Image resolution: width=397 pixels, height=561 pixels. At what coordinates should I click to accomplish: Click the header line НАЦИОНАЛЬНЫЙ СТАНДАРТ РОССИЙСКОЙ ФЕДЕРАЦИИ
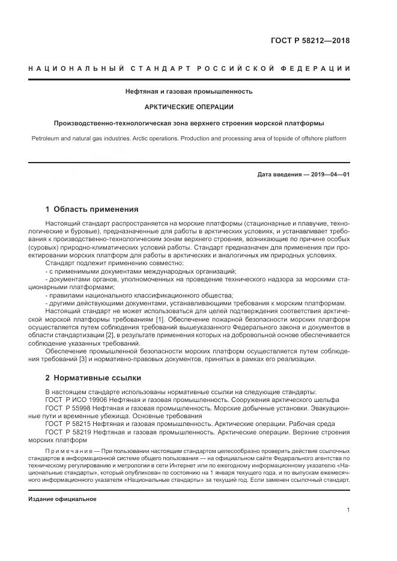190,68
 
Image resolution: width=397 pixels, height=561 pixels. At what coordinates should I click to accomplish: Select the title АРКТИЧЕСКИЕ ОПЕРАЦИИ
189,107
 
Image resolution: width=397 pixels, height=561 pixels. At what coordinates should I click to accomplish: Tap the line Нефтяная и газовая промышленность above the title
189,92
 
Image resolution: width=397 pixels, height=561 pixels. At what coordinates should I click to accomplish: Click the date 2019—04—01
329,175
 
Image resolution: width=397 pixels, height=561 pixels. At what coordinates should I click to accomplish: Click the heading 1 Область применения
92,209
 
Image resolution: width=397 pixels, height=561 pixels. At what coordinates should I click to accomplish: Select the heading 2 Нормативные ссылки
93,378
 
